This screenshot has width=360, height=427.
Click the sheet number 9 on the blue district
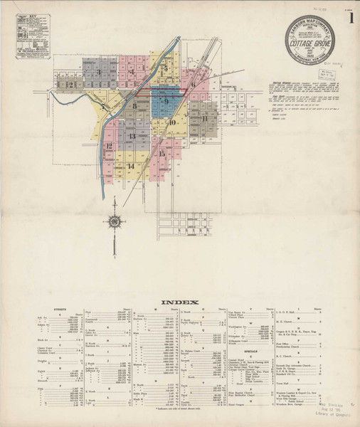[x=166, y=102]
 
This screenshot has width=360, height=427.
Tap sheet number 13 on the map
[x=132, y=136]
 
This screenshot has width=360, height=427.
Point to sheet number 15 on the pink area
[x=162, y=153]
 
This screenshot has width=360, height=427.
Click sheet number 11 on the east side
[x=204, y=118]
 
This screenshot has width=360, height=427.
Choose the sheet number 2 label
[x=71, y=85]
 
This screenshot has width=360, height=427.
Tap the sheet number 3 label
[x=98, y=71]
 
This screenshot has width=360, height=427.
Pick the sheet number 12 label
[x=109, y=147]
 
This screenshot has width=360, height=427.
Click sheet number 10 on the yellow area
[x=173, y=122]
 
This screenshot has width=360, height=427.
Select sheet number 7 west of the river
[x=104, y=107]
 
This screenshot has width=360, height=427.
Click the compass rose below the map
[x=113, y=221]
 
